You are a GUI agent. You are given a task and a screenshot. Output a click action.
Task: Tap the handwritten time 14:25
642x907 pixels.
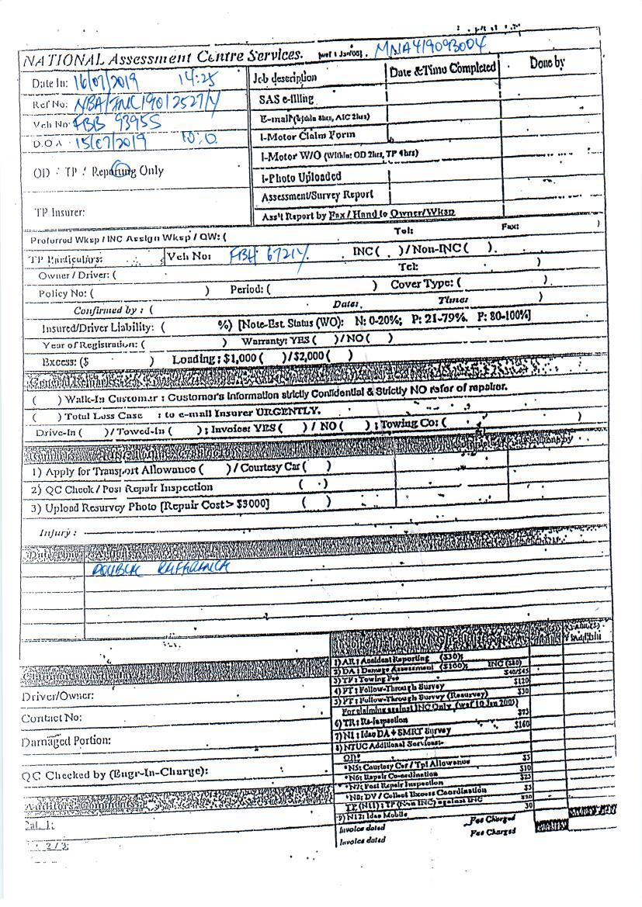(198, 79)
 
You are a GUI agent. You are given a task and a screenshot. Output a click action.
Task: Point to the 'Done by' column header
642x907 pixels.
(547, 64)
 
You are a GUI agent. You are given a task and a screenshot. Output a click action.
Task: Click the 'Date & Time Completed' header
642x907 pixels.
(442, 68)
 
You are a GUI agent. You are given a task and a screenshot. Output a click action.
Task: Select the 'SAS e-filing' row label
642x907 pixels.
(286, 99)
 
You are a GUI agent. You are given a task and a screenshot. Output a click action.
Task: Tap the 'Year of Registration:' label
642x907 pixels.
(90, 344)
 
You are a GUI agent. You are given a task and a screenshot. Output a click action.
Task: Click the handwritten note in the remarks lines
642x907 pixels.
(161, 569)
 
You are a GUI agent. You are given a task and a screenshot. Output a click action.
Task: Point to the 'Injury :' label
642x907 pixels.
(57, 533)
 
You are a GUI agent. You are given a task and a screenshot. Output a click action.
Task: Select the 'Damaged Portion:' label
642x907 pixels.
(66, 741)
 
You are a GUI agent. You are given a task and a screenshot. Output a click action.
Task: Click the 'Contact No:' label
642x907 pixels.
(52, 718)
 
